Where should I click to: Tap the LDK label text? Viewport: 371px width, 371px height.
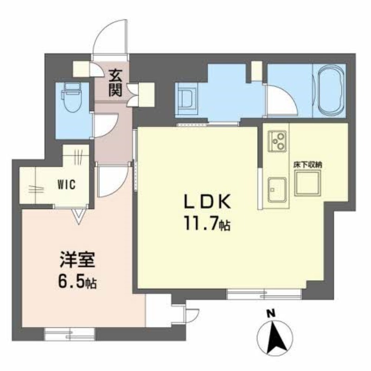pyautogui.click(x=207, y=202)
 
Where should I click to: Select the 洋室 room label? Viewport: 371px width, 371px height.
pyautogui.click(x=77, y=260)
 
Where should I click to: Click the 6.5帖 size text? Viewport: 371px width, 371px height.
pyautogui.click(x=77, y=281)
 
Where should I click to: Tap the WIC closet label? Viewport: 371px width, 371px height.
pyautogui.click(x=66, y=185)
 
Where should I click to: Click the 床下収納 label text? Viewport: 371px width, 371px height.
pyautogui.click(x=308, y=165)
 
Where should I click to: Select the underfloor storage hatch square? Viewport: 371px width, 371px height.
pyautogui.click(x=307, y=183)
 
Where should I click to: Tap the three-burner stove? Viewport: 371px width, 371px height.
pyautogui.click(x=277, y=141)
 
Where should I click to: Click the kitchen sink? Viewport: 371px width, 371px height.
pyautogui.click(x=277, y=190)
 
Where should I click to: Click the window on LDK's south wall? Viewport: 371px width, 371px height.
pyautogui.click(x=264, y=294)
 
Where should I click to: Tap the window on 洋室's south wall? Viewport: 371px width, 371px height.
pyautogui.click(x=70, y=334)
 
